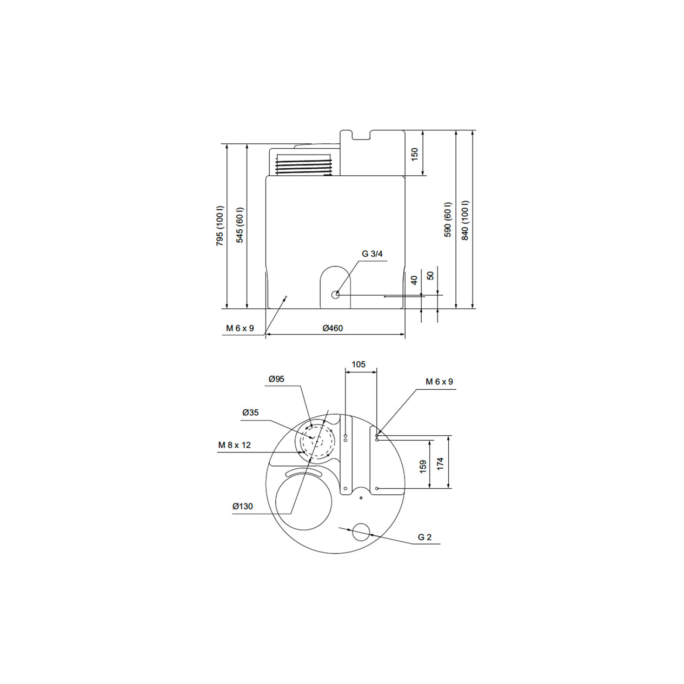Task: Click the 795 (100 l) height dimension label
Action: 220,225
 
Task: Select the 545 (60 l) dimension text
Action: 240,225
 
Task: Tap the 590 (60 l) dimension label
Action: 447,220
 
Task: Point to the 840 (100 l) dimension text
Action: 465,220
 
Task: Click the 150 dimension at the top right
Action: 415,154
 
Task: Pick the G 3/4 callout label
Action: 372,254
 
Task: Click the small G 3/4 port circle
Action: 336,295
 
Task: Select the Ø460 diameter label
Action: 333,328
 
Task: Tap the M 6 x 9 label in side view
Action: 240,328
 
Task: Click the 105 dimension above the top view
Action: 358,364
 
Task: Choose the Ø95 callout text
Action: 276,379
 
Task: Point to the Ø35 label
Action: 250,413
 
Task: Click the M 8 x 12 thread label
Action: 235,445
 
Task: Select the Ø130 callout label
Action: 243,507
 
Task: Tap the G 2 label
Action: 424,537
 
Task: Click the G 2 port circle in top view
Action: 361,532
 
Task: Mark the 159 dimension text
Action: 423,466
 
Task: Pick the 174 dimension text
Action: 440,463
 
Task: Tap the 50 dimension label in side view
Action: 430,275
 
